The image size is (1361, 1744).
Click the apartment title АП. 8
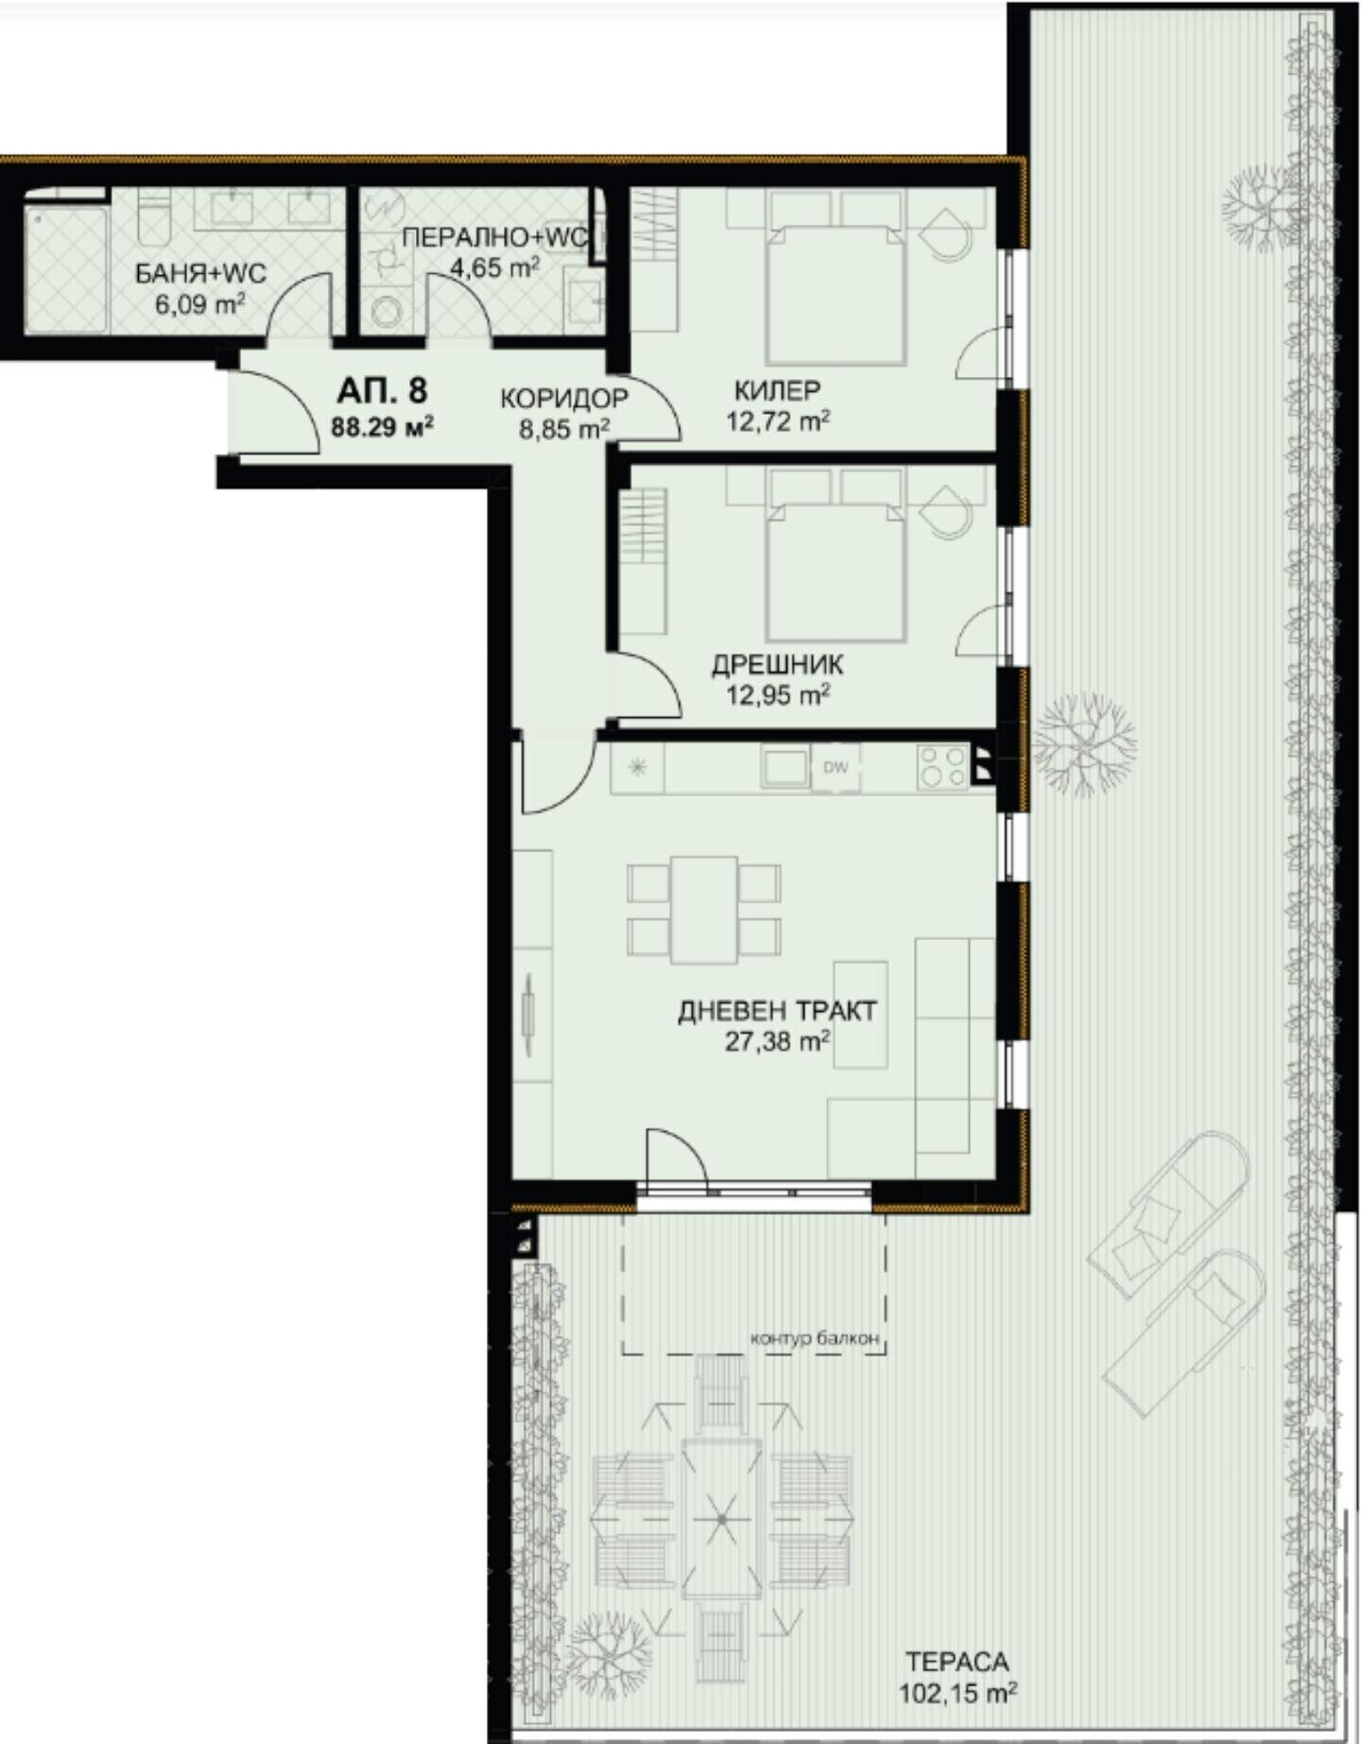(382, 390)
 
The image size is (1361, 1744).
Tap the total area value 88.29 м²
(382, 426)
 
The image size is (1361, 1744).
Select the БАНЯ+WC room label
(200, 274)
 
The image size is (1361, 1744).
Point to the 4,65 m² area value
(494, 267)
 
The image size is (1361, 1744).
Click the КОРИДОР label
(564, 398)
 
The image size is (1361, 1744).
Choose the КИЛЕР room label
(777, 389)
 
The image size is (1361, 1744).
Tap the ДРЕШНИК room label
(777, 665)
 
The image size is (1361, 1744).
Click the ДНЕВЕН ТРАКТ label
(777, 1011)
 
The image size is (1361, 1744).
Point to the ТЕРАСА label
(956, 1661)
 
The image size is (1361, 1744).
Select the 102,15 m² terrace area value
(956, 1692)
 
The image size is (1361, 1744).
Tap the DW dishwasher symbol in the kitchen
(836, 767)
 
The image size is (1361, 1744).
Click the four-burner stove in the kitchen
(942, 766)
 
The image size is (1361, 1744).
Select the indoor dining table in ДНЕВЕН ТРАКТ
(704, 910)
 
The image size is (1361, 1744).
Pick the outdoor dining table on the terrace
(721, 1518)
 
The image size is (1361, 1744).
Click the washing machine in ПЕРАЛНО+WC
(386, 308)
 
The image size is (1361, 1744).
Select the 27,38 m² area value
(777, 1042)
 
